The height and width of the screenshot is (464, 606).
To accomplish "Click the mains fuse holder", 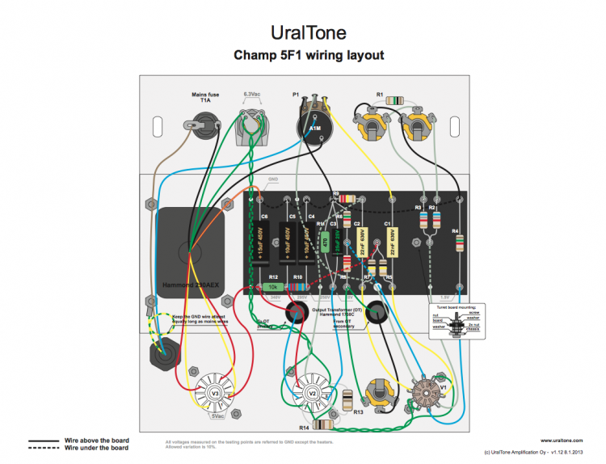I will [200, 125].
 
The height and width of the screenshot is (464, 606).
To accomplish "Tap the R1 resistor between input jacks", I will [396, 100].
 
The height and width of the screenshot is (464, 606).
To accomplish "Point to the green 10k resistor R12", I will [273, 287].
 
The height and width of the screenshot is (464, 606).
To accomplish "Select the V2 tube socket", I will [313, 394].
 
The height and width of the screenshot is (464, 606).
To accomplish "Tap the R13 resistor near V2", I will [348, 401].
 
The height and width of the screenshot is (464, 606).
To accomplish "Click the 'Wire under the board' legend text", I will [96, 448].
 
